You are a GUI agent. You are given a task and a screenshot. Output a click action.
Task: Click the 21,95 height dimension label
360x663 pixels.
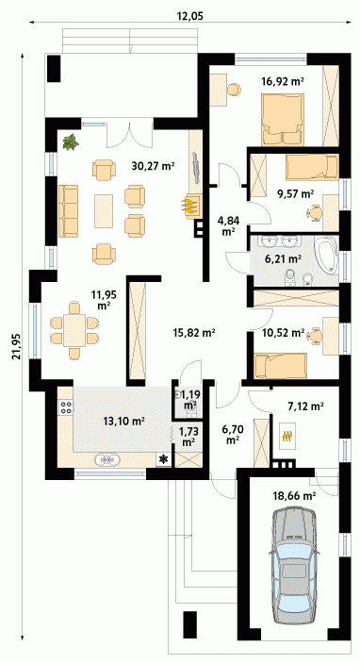coord(16,345)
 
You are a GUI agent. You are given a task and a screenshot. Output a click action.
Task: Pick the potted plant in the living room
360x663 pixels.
coord(71,141)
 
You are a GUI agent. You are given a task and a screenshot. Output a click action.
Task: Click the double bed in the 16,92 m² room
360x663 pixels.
coord(283,120)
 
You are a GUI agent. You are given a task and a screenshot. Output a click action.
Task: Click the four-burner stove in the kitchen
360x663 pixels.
coord(66,406)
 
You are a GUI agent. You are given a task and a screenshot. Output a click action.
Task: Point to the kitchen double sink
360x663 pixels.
coord(108,458)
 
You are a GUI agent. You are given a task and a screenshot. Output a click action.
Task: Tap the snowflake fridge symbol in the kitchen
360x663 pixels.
coord(164,459)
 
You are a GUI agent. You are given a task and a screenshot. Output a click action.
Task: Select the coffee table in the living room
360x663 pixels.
coord(104,210)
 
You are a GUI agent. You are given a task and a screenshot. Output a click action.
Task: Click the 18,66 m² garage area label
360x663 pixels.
coord(295,497)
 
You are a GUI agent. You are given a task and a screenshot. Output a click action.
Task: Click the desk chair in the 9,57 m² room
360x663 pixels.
coord(314,212)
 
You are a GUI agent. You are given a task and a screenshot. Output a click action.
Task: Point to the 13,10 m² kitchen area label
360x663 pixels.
coord(124,421)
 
